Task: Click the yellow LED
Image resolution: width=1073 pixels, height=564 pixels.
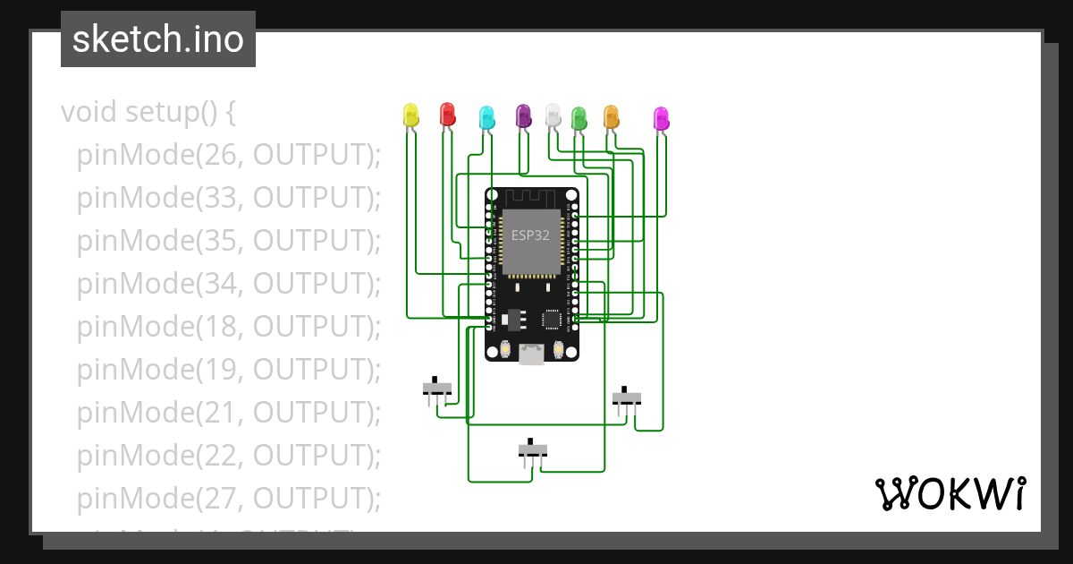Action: coord(410,115)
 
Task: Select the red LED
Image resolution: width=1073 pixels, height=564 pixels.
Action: coord(447,114)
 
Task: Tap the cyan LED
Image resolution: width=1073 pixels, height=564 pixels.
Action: coord(486,116)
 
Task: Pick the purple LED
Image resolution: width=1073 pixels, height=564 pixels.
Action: coord(523,115)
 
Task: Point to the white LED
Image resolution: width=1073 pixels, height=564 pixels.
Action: coord(553,114)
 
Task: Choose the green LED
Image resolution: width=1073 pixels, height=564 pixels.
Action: coord(579,117)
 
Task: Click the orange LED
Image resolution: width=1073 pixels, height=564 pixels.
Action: coord(611,116)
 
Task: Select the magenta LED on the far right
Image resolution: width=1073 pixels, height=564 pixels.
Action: coord(661,118)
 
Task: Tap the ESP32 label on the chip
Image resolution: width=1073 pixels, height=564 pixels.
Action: coord(530,236)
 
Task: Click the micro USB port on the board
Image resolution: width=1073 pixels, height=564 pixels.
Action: coord(531,355)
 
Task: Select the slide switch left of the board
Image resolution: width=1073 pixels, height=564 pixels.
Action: coord(437,389)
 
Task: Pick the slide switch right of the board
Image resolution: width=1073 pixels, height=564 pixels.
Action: coord(627,397)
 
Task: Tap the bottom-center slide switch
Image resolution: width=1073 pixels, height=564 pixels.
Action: coord(533,450)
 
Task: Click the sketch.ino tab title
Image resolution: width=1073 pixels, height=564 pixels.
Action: coord(158,39)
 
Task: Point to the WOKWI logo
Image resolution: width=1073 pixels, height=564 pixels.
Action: coord(950,494)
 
